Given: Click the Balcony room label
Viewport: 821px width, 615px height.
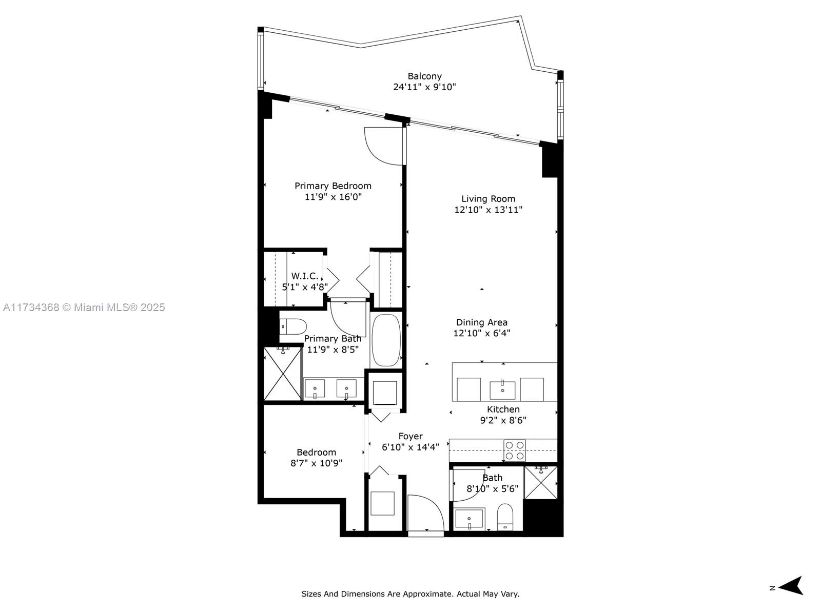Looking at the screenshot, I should (424, 76).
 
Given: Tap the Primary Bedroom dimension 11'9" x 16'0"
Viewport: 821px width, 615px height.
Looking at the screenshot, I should (333, 197).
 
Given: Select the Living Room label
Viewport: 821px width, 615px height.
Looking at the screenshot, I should (488, 199).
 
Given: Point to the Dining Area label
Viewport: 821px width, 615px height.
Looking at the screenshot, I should (482, 322).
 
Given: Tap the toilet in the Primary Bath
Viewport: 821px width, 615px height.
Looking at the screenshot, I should (294, 326).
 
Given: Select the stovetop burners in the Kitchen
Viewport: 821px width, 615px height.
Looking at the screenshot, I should (515, 450).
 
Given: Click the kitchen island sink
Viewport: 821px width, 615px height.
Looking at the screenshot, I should (502, 389).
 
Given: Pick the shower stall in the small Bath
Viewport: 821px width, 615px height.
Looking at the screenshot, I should (541, 482).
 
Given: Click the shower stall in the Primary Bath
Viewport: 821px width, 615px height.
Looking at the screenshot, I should (282, 373).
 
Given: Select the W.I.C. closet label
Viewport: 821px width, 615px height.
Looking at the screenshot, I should (305, 276).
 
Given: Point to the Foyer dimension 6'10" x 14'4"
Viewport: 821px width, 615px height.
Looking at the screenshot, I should (411, 447).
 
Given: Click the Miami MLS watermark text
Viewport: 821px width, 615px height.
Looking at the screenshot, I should (84, 307).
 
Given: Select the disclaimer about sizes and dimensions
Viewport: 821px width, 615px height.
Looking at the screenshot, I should (410, 594).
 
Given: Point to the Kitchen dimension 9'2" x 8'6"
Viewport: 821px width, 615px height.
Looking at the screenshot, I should (503, 420).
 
